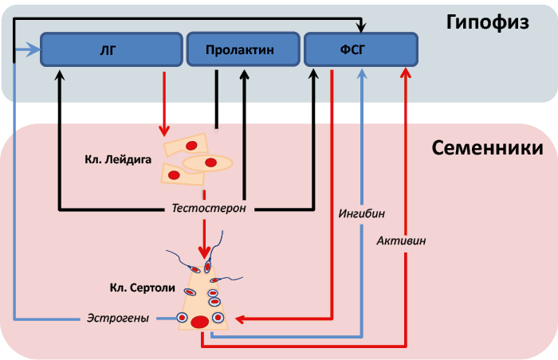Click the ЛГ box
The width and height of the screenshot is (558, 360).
[x=112, y=49]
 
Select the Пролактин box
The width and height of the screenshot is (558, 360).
[x=243, y=49]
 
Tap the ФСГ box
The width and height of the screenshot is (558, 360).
[x=361, y=49]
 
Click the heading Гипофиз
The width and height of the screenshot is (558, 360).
[x=488, y=23]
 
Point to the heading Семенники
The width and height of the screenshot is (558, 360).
[x=487, y=147]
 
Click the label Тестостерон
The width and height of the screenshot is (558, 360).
[x=209, y=208]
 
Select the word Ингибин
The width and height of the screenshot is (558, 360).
[x=362, y=213]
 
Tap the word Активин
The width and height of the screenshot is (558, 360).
[x=401, y=241]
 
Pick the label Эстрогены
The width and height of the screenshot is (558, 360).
[x=118, y=318]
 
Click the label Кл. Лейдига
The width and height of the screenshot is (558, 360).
[x=118, y=159]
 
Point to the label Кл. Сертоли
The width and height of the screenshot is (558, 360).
[x=143, y=288]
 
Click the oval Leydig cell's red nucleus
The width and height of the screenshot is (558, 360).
[x=210, y=162]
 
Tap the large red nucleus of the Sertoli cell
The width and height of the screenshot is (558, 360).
[x=199, y=322]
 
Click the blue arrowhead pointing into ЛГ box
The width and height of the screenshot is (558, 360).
[x=35, y=49]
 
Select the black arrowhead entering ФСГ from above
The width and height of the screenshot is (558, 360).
[x=361, y=27]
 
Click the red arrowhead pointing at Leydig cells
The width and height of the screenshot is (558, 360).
[x=164, y=131]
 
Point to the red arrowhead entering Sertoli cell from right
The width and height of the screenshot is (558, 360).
[x=240, y=319]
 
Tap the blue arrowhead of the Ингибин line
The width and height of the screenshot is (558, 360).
[x=362, y=73]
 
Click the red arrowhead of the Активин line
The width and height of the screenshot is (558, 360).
[x=406, y=73]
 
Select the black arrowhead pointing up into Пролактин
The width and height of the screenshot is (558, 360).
[x=244, y=74]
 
